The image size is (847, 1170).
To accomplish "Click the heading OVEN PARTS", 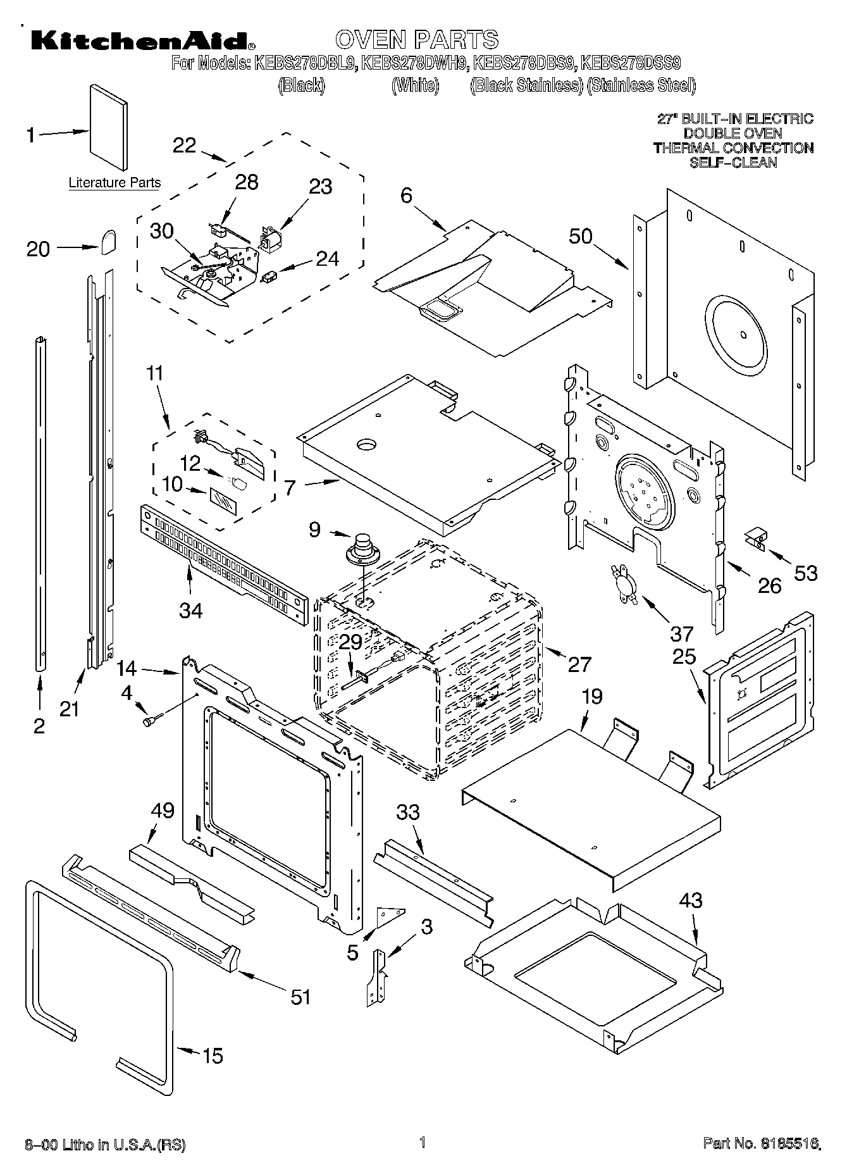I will pos(417,39).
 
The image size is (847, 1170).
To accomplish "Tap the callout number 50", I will pos(580,236).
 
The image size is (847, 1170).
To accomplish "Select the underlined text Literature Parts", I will pos(114,183).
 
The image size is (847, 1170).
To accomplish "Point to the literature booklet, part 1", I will pos(108,128).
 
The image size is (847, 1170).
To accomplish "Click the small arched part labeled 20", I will pos(108,241).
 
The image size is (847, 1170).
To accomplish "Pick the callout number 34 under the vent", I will pos(190,610).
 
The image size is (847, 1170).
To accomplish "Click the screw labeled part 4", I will pos(152,719).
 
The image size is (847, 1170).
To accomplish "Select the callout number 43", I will pos(690,900).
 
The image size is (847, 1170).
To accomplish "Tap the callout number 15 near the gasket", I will pos(213,1055).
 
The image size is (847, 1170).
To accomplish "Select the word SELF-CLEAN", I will pos(733,163).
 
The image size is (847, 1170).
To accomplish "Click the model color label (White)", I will pos(415,86).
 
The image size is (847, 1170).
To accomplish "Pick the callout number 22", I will pos(185,145).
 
